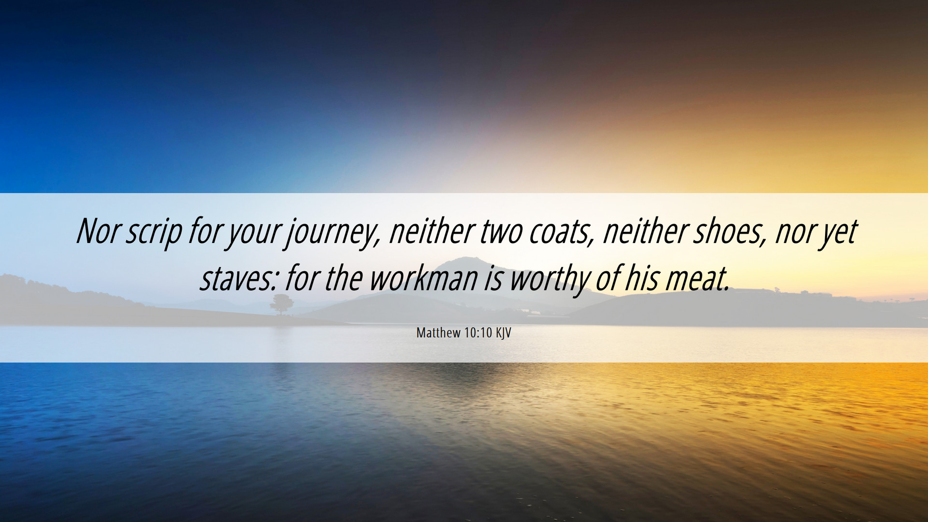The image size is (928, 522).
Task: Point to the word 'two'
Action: (501, 232)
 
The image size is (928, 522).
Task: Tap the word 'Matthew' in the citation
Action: (438, 333)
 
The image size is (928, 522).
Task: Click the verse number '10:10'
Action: (478, 333)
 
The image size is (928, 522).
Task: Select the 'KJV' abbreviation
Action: (503, 333)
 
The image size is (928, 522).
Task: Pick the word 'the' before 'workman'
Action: (343, 278)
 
